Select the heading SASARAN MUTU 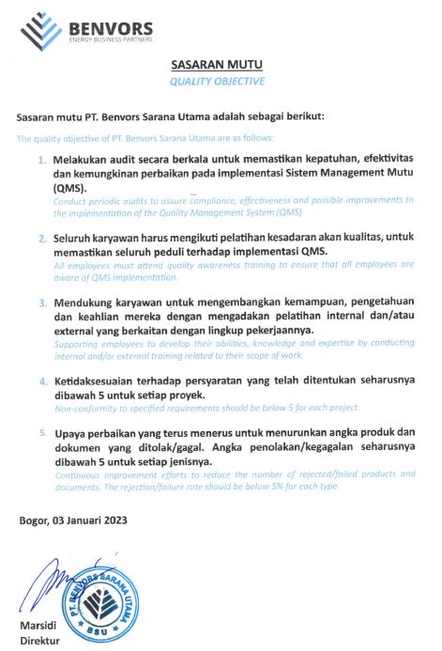pos(217,65)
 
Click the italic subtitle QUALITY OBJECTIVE pos(217,82)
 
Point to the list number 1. pos(41,161)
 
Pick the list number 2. pos(42,239)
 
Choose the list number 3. pos(42,304)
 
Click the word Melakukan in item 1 pos(80,161)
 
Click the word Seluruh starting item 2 pos(74,239)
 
